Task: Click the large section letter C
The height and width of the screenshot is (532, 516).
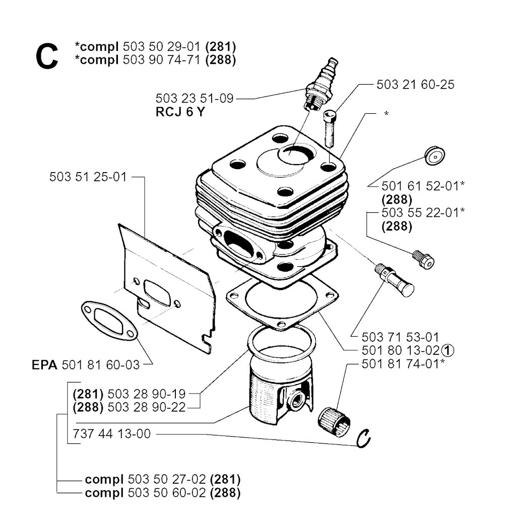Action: (47, 57)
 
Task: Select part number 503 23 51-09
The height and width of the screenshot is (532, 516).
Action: (195, 98)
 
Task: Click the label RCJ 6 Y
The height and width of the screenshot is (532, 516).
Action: (180, 112)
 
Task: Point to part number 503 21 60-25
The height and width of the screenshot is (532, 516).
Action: (415, 85)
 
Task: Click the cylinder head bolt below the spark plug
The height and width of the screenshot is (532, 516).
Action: (330, 128)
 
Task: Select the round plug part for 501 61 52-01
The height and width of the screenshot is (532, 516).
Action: (434, 156)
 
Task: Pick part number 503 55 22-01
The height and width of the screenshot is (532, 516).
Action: (420, 213)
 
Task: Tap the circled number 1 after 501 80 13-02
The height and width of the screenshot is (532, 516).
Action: (448, 350)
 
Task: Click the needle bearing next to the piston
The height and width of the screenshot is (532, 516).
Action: (334, 421)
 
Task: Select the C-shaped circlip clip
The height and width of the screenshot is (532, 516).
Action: (363, 439)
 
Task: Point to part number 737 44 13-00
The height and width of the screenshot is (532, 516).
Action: (111, 434)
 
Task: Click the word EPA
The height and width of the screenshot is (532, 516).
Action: (44, 365)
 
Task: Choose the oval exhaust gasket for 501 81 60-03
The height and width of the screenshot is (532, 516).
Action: (109, 321)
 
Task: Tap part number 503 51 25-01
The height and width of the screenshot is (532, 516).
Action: (88, 177)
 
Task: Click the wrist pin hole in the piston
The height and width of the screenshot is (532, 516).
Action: (295, 401)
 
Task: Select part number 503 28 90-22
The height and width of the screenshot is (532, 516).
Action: (147, 407)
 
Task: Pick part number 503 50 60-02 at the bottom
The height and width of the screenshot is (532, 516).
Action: (167, 493)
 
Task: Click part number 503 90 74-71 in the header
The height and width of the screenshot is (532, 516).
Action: (162, 60)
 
